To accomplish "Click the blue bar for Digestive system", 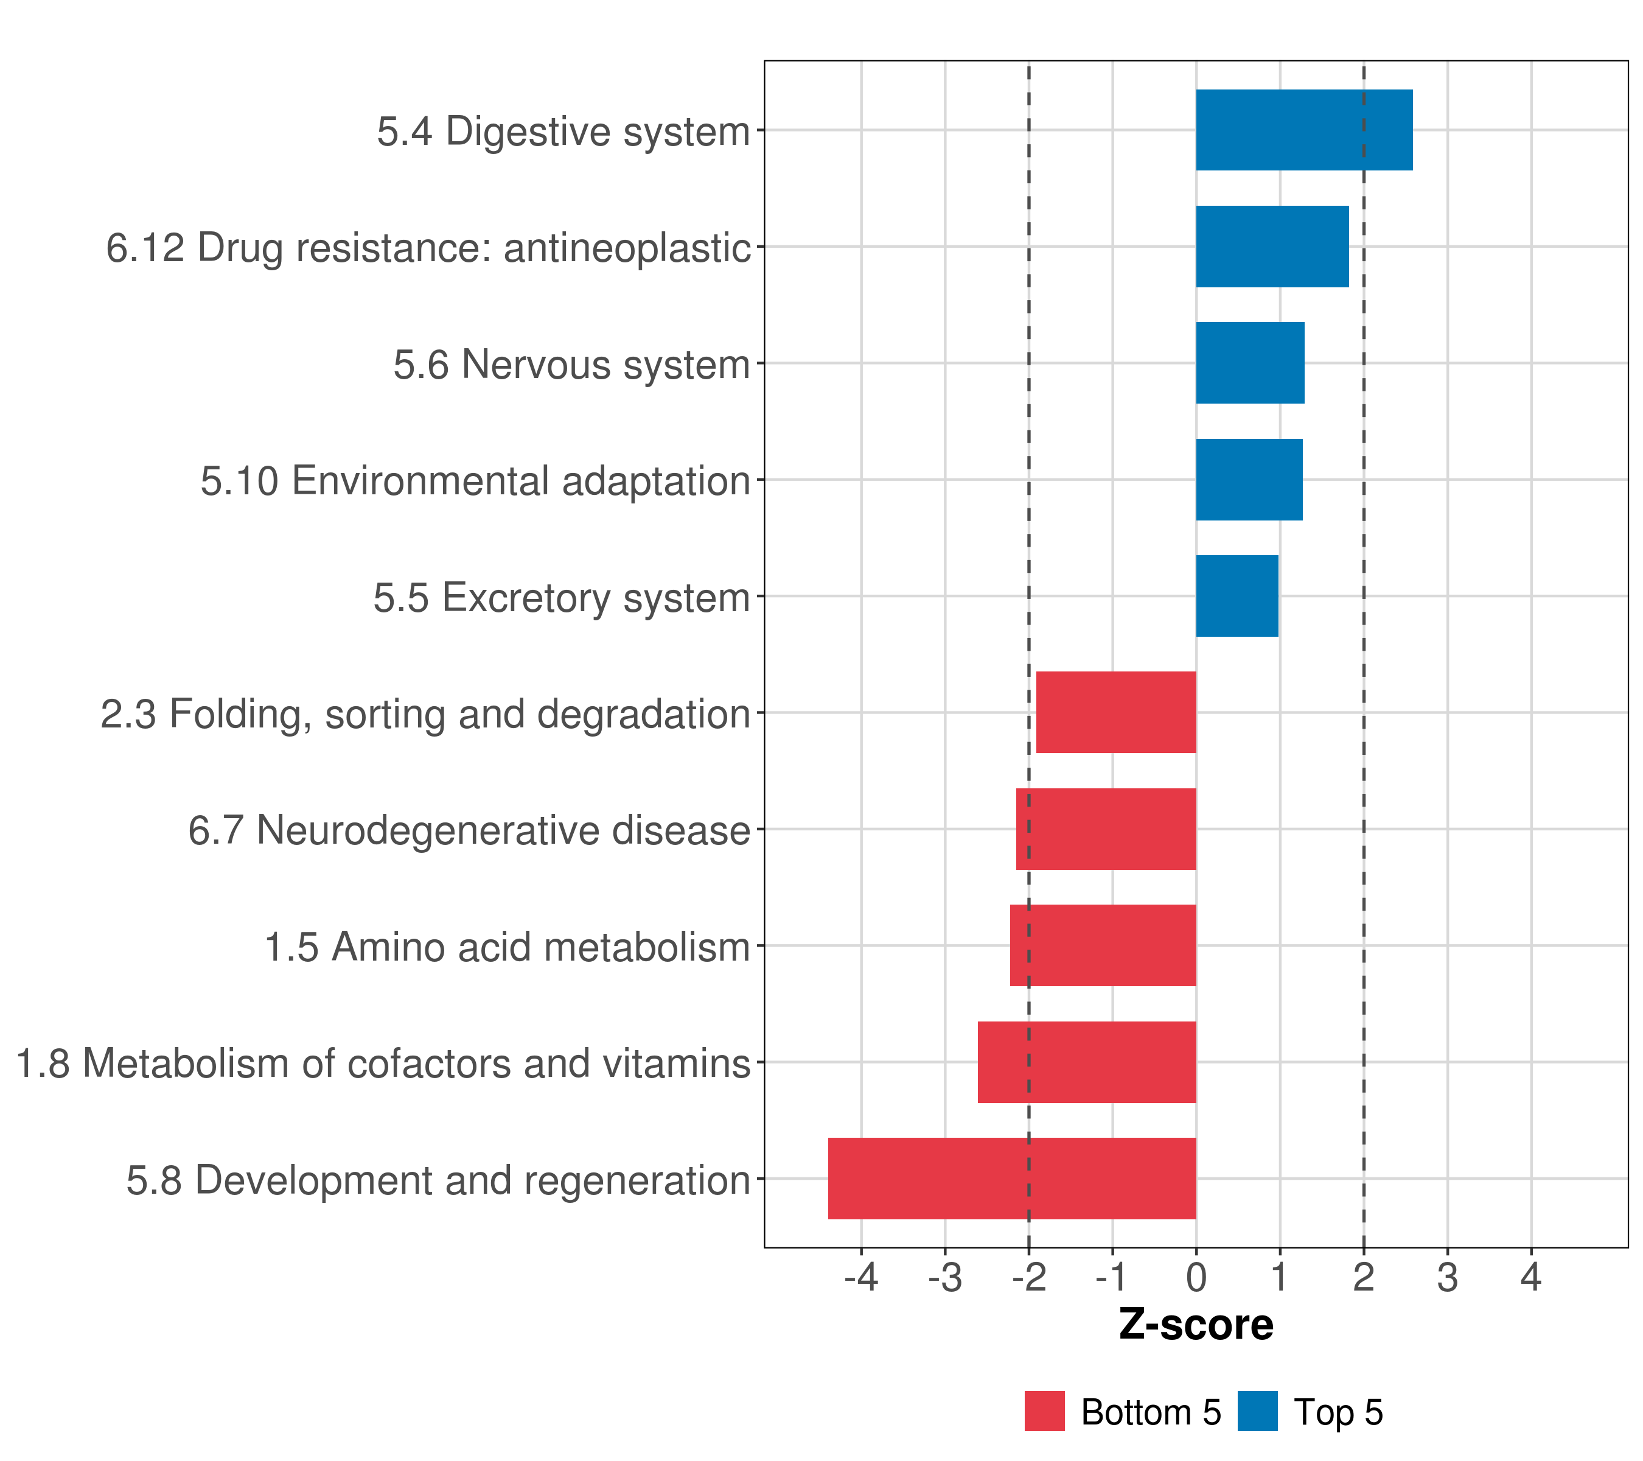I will click(1304, 130).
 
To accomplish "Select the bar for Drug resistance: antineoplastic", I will click(1272, 247).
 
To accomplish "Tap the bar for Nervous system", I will click(1250, 363).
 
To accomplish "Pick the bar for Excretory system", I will click(1237, 596).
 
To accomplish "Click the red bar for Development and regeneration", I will click(1011, 1179).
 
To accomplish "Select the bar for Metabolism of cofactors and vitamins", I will click(1087, 1062).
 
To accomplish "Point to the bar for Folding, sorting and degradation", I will click(1115, 712).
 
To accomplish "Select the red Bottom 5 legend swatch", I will click(1044, 1411).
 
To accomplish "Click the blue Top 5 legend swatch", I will click(1257, 1411).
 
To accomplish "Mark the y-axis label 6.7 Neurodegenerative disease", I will click(469, 830).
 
